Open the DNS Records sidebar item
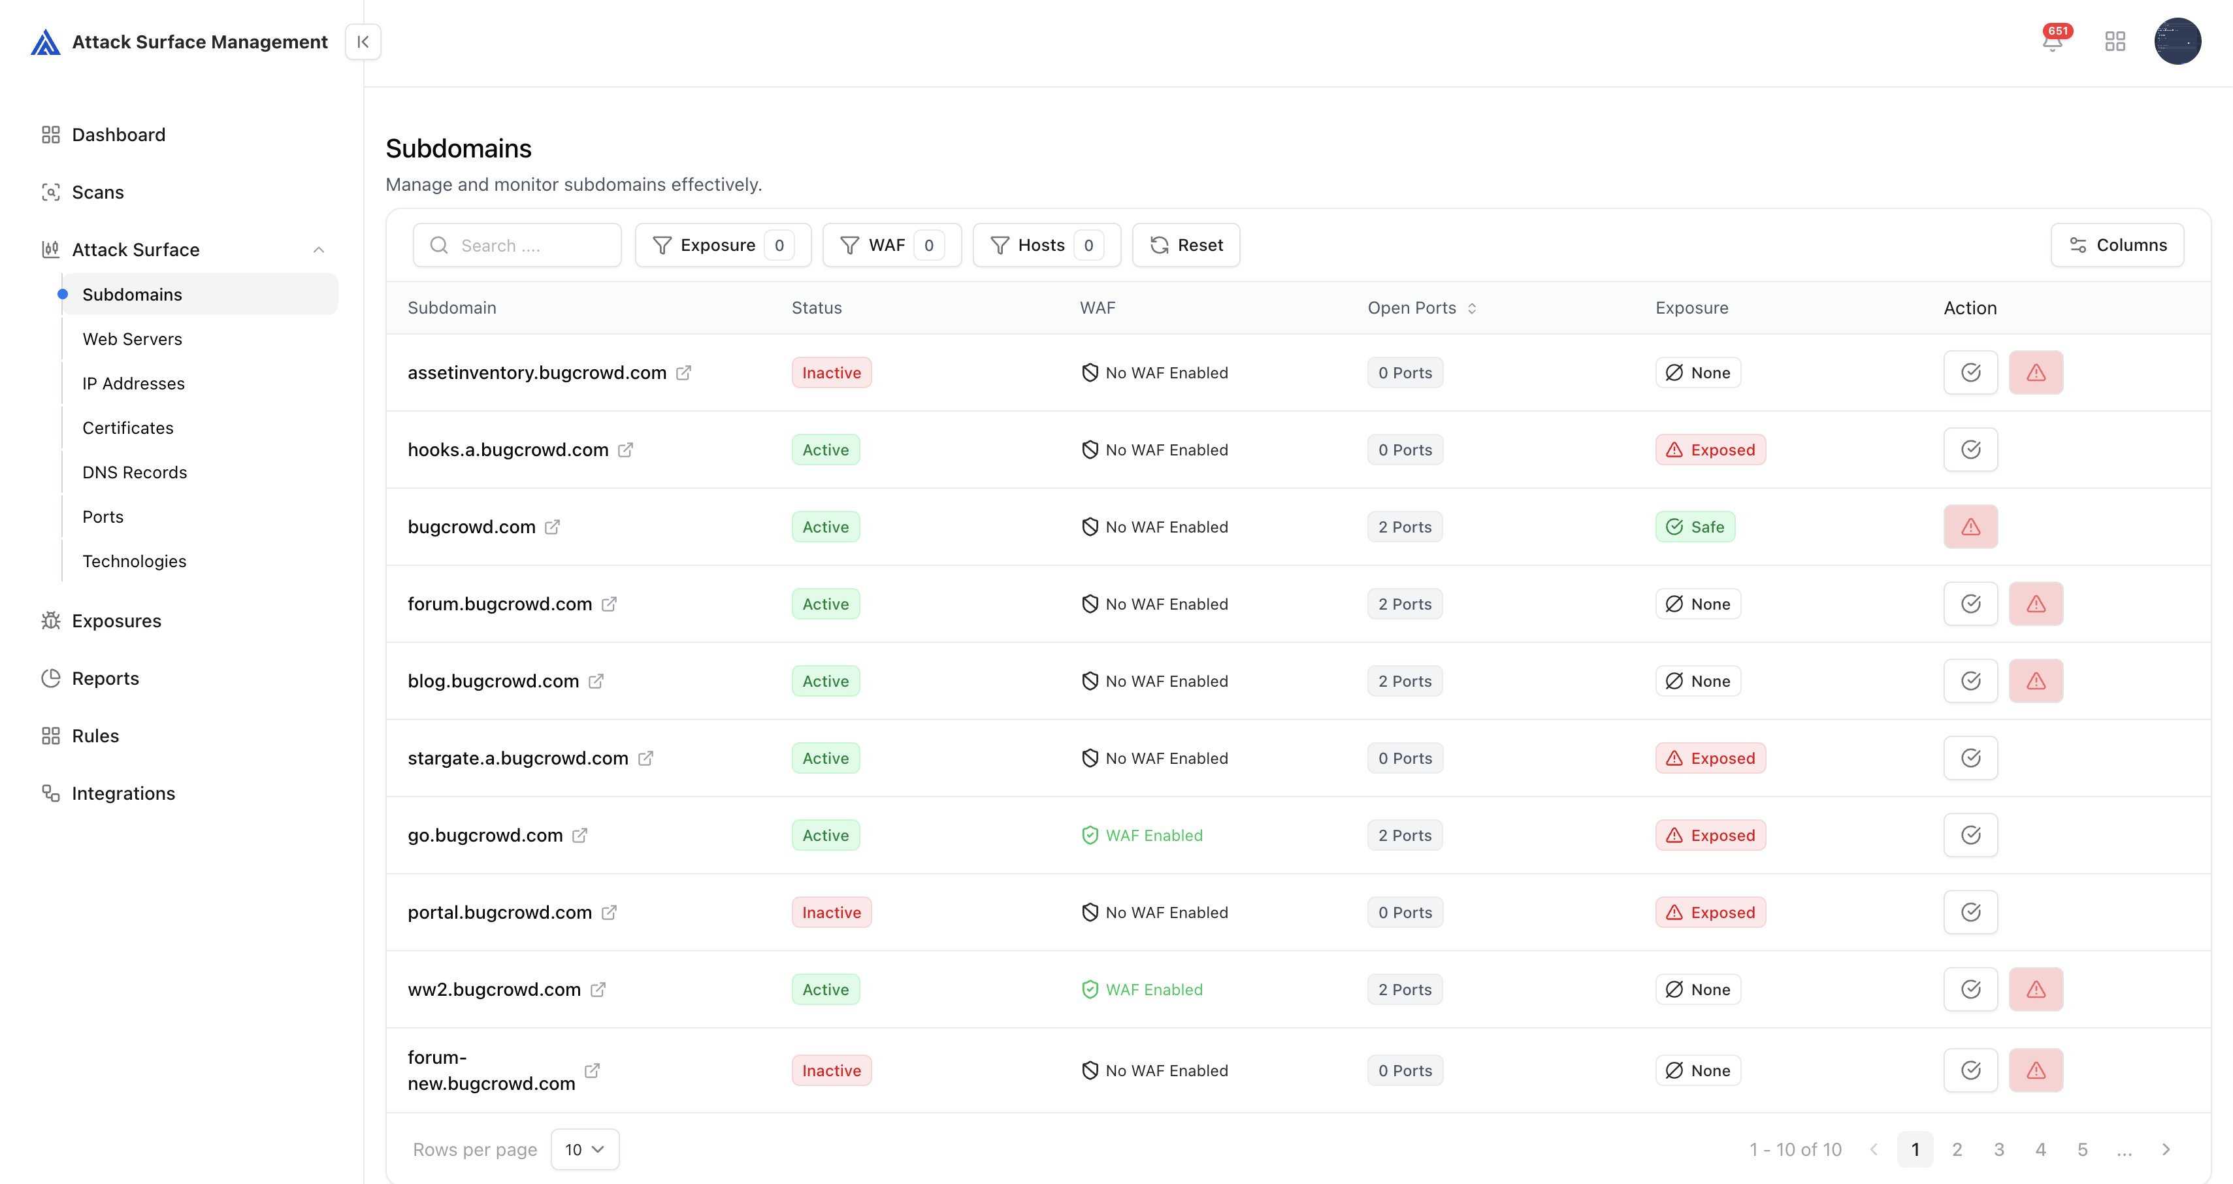pos(135,472)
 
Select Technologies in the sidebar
pos(135,561)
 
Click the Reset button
pos(1186,245)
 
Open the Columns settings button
pos(2117,245)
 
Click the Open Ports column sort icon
pos(1472,308)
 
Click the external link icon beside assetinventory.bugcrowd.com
pos(683,372)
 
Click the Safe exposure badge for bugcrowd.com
pos(1695,527)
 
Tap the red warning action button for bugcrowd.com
pos(1970,527)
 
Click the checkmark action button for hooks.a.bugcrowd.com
pos(1970,450)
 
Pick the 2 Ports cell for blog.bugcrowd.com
pos(1405,682)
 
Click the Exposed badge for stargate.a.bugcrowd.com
pos(1710,759)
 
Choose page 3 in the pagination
pos(1999,1149)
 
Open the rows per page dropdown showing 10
pos(584,1149)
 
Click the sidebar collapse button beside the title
pos(363,42)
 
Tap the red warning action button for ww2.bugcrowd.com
pos(2035,990)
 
